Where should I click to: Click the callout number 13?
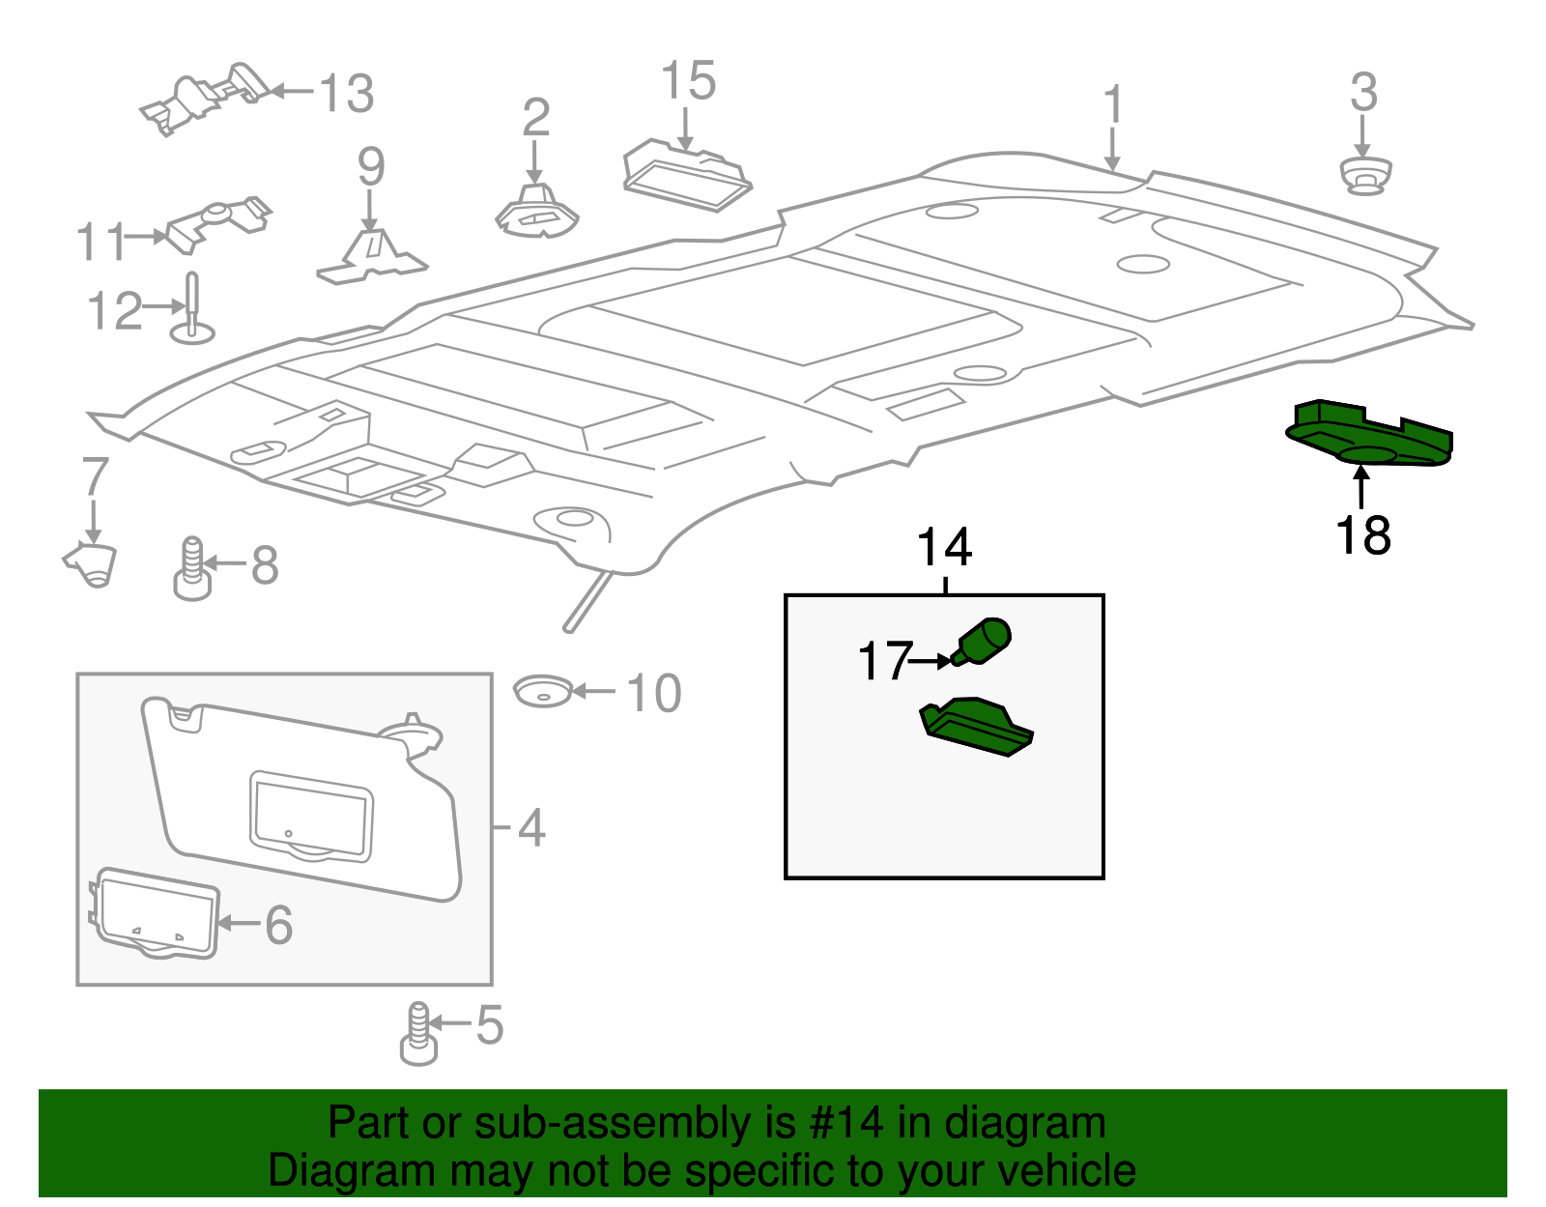346,94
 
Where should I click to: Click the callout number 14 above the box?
944,548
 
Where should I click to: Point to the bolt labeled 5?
418,1034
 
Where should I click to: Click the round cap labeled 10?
542,691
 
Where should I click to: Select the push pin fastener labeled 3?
1364,176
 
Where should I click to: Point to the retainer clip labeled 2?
536,214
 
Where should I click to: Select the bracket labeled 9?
372,255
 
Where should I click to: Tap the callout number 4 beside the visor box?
531,827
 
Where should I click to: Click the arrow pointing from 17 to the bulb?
931,661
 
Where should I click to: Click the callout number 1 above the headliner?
1113,104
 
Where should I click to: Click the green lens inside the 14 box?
977,727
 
